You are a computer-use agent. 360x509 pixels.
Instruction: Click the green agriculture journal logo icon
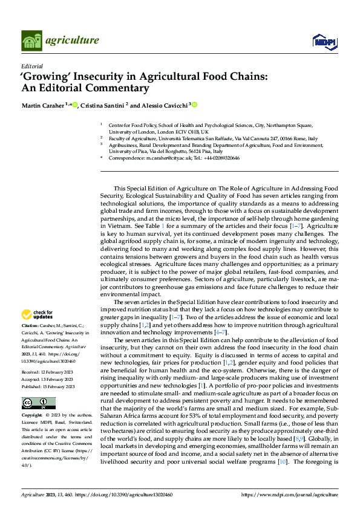32,41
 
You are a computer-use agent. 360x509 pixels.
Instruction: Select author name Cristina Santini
100,105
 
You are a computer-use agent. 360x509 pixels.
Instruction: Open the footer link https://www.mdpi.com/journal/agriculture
290,494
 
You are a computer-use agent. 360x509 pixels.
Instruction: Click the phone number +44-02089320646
218,158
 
